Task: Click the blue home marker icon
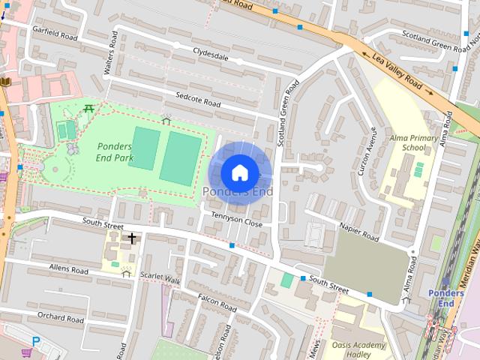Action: click(239, 172)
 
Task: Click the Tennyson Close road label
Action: click(237, 223)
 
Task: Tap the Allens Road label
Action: click(69, 268)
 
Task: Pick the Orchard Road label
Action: click(60, 318)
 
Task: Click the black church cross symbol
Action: click(132, 238)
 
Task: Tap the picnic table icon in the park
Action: click(90, 109)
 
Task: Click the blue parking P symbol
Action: click(35, 342)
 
